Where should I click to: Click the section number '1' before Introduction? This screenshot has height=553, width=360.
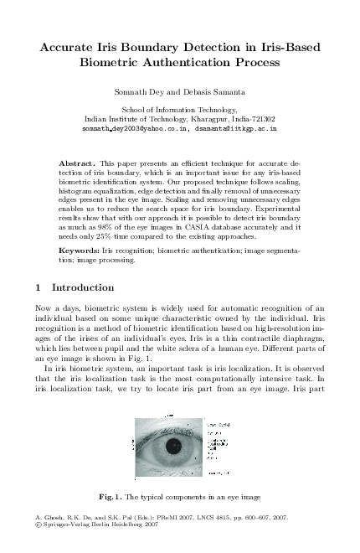[x=40, y=287]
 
